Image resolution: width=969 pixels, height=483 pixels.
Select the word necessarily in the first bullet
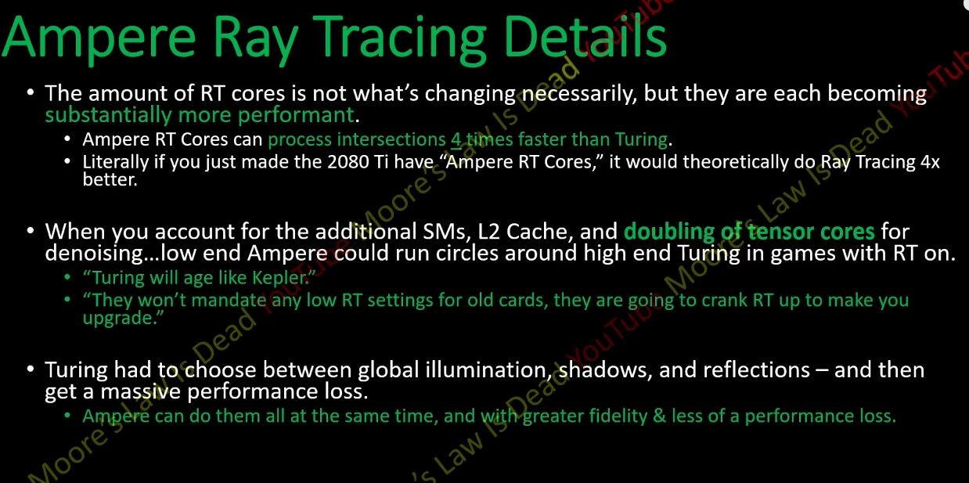pyautogui.click(x=578, y=95)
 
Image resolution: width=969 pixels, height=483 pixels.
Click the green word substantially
pyautogui.click(x=108, y=116)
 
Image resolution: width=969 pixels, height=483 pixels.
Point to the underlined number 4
pyautogui.click(x=456, y=139)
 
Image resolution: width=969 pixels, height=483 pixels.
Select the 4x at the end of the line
pyautogui.click(x=930, y=162)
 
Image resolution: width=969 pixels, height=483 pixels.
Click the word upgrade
pyautogui.click(x=117, y=319)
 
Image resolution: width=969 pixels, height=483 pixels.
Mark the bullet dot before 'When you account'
pyautogui.click(x=30, y=230)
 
